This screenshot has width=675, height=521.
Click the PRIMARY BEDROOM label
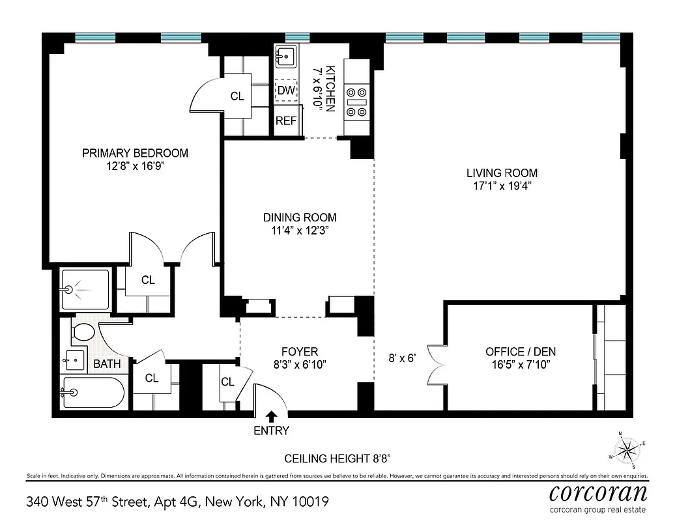coord(135,153)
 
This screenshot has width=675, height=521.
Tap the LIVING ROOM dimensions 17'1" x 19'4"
coord(502,186)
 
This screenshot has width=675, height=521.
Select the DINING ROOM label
coord(300,218)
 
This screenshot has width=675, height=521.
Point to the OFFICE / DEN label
coord(521,352)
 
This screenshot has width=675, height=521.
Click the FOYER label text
coord(300,352)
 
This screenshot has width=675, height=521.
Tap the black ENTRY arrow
coord(272,416)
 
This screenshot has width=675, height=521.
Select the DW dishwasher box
coord(286,91)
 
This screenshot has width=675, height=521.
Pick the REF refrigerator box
coord(286,120)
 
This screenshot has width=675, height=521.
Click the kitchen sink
coord(285,57)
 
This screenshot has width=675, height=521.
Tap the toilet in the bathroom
coord(83,331)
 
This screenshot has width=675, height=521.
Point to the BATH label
coord(107,363)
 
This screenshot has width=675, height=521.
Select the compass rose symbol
coord(627,449)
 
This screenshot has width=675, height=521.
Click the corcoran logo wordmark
coord(598,490)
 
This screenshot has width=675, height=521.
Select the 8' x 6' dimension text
coord(401,358)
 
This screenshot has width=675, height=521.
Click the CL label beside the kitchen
coord(237,96)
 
